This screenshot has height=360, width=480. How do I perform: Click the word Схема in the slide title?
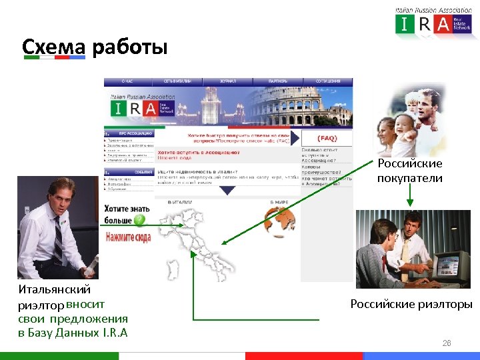[x=54, y=47]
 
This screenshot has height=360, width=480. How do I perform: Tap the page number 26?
[x=447, y=343]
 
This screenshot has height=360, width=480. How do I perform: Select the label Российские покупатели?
[x=409, y=171]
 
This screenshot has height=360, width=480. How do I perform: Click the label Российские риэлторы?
[x=411, y=305]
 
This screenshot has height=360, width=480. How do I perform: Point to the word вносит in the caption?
[x=86, y=304]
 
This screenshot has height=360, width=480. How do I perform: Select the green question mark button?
[x=139, y=220]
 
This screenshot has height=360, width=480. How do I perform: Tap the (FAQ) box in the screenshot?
[x=327, y=139]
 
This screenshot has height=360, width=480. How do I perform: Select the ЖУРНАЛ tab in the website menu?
[x=228, y=81]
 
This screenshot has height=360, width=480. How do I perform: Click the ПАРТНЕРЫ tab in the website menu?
[x=278, y=81]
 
